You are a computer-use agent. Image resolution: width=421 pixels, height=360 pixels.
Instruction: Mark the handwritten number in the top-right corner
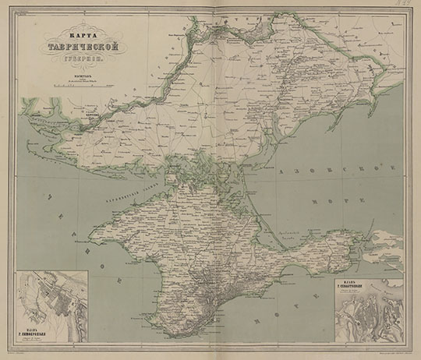[x=405, y=8]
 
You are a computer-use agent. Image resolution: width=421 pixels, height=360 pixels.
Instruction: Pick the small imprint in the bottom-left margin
[x=31, y=353]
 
